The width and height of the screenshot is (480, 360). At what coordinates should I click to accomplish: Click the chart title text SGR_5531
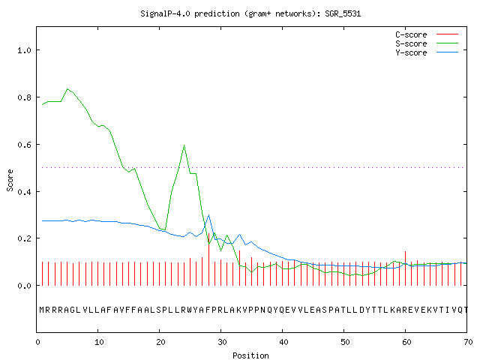pyautogui.click(x=343, y=13)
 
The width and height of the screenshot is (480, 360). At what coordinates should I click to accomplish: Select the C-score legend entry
pyautogui.click(x=427, y=34)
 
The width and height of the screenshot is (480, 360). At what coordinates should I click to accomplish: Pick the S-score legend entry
pyautogui.click(x=427, y=43)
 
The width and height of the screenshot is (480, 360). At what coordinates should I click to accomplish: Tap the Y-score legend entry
pyautogui.click(x=427, y=52)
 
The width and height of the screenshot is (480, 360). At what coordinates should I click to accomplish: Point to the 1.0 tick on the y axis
pyautogui.click(x=25, y=50)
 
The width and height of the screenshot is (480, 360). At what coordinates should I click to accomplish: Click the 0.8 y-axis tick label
pyautogui.click(x=25, y=97)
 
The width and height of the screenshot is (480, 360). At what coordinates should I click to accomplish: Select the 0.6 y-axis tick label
pyautogui.click(x=25, y=145)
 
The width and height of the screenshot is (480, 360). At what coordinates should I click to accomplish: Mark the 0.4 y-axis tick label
pyautogui.click(x=25, y=192)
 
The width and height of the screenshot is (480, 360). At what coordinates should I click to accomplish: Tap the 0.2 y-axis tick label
pyautogui.click(x=25, y=238)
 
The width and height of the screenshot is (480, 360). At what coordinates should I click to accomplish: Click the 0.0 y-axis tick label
pyautogui.click(x=25, y=286)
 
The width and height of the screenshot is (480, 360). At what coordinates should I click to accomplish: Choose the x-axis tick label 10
pyautogui.click(x=99, y=342)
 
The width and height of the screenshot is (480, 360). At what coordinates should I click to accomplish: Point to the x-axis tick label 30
pyautogui.click(x=222, y=342)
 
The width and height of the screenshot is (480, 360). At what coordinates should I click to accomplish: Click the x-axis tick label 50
pyautogui.click(x=345, y=342)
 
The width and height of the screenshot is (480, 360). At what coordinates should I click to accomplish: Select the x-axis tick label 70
pyautogui.click(x=468, y=342)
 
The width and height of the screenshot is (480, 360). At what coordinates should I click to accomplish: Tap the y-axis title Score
pyautogui.click(x=10, y=180)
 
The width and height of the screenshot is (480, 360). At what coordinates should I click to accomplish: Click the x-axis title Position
pyautogui.click(x=250, y=355)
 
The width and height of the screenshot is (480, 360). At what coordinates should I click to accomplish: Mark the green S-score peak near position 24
pyautogui.click(x=184, y=145)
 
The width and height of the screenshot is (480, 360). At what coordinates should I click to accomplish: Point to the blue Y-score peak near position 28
pyautogui.click(x=208, y=215)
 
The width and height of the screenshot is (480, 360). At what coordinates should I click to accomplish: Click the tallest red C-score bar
pyautogui.click(x=208, y=259)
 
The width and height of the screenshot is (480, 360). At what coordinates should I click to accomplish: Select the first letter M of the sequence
pyautogui.click(x=42, y=310)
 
